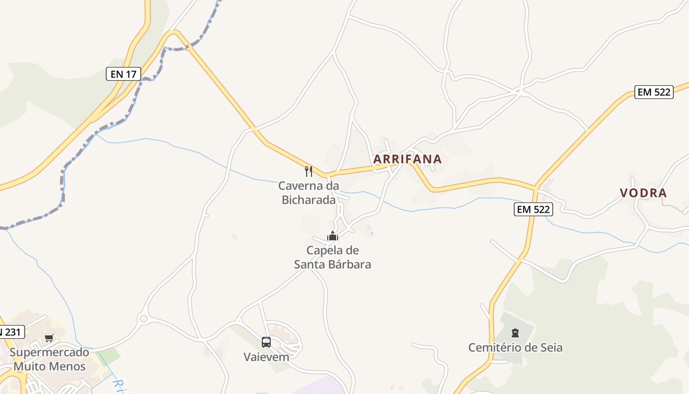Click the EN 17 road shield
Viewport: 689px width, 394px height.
(124, 74)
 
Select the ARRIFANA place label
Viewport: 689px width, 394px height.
(407, 159)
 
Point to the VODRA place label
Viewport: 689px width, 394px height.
(643, 193)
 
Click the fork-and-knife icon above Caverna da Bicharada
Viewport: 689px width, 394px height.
(309, 171)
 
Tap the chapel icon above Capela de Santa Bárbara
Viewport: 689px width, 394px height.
(333, 236)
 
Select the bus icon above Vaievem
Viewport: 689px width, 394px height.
(266, 342)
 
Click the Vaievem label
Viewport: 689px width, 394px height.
(266, 357)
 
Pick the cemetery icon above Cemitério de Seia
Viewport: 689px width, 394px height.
(515, 333)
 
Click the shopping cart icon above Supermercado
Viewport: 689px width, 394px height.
(49, 338)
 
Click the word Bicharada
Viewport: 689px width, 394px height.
(309, 199)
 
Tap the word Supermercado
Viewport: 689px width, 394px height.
(49, 352)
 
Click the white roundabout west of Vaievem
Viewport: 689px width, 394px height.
(143, 319)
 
